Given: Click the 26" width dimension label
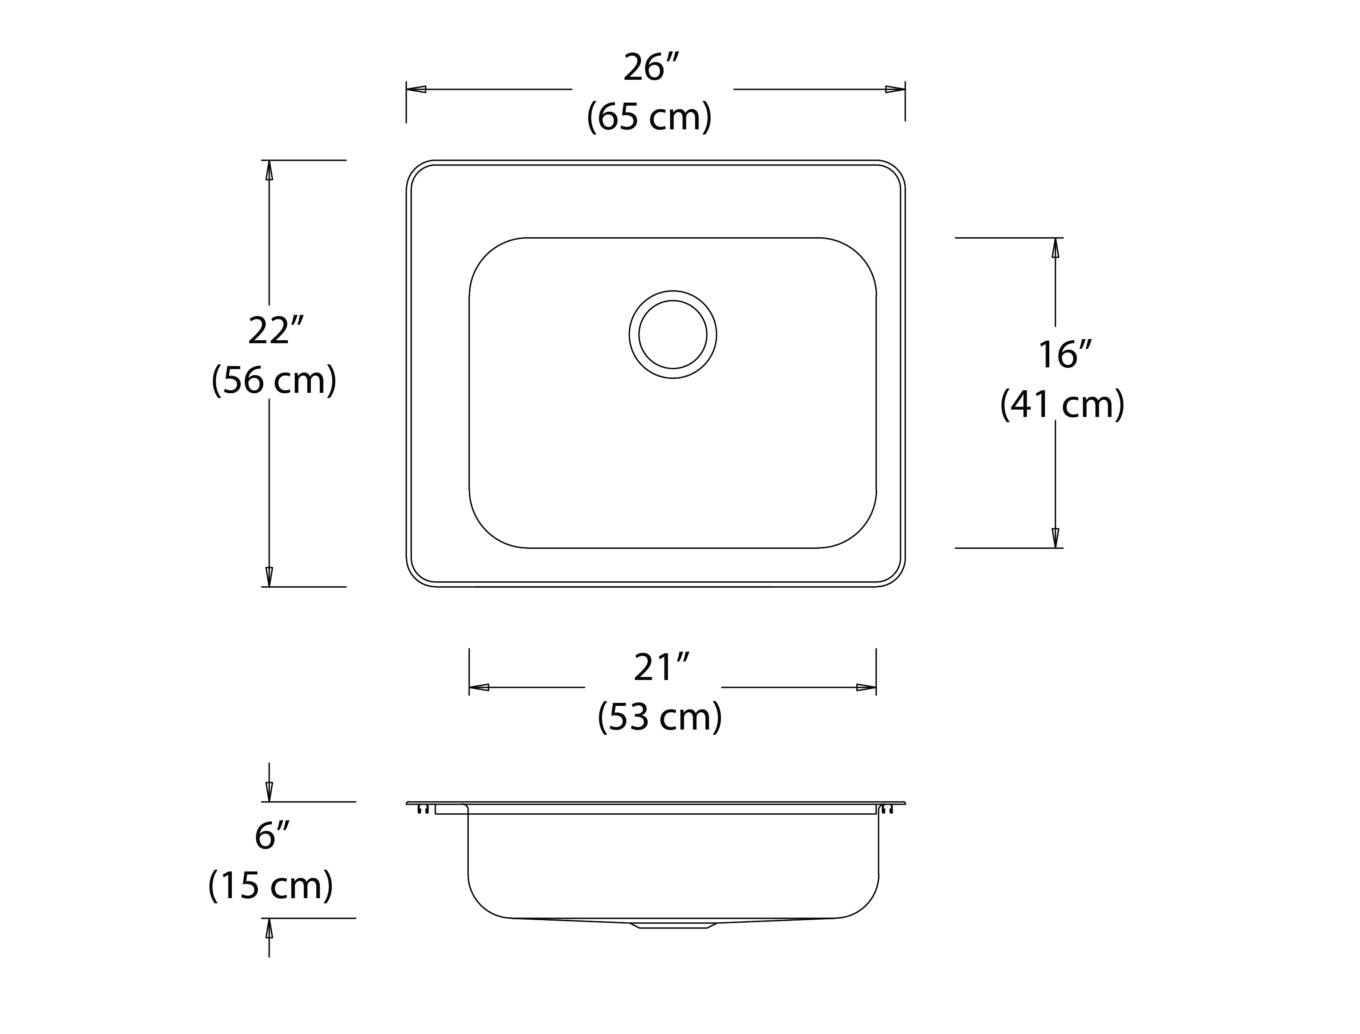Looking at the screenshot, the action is click(651, 68).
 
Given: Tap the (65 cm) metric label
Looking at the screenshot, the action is click(649, 116).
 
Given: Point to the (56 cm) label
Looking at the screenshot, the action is click(274, 380).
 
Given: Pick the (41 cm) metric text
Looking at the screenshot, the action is click(1062, 404).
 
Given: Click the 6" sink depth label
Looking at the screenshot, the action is click(272, 835).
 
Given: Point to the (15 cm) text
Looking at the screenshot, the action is click(271, 885).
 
